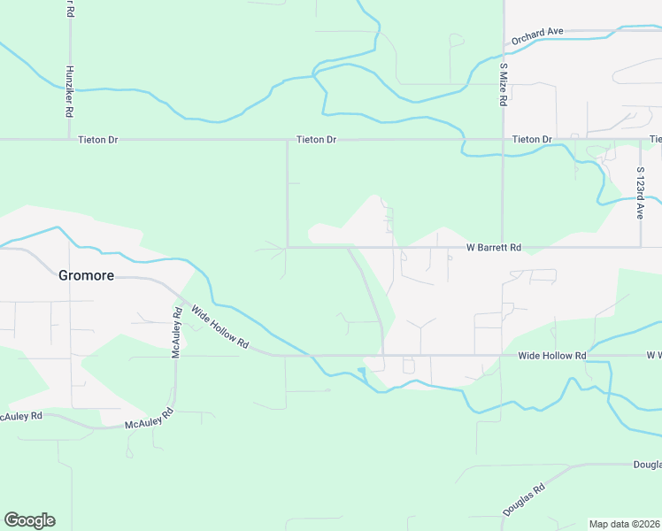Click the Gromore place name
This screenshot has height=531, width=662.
[86, 275]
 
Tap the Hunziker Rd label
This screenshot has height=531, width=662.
[69, 94]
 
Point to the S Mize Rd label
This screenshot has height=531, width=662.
[503, 84]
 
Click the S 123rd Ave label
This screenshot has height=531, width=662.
[640, 193]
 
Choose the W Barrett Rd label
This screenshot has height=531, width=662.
[494, 249]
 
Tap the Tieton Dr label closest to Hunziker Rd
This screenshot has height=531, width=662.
[97, 140]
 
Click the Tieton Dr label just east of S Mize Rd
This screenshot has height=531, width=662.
[532, 140]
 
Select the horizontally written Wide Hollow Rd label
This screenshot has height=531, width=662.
[552, 356]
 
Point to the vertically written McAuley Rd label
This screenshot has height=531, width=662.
[176, 332]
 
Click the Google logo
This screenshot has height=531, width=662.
[29, 520]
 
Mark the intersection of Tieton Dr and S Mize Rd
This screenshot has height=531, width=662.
[503, 140]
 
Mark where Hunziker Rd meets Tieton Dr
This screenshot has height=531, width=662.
[69, 140]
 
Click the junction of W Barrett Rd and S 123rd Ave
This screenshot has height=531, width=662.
[640, 247]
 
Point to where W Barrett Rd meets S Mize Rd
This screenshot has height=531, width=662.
[503, 247]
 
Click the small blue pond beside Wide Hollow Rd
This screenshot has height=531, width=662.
[361, 371]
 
